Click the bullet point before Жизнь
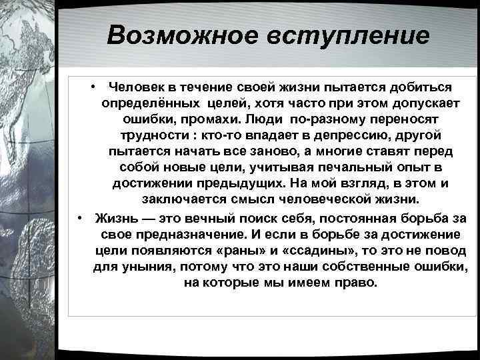tap(80, 218)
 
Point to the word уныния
tap(140, 267)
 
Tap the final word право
tap(355, 283)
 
